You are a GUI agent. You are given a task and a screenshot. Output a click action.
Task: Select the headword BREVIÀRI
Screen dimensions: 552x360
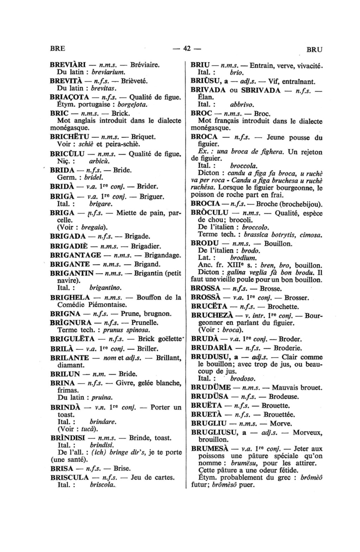tap(68, 65)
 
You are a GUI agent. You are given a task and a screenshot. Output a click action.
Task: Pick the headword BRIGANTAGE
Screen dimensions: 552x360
tap(76, 255)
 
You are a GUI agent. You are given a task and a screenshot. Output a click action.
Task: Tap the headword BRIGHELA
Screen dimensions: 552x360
tap(70, 297)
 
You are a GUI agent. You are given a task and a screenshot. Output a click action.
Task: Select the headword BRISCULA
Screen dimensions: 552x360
tap(70, 477)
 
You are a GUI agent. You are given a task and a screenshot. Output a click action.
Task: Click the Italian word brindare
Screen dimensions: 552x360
tap(103, 421)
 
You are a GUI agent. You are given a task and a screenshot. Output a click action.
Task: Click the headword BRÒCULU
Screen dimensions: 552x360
tap(210, 213)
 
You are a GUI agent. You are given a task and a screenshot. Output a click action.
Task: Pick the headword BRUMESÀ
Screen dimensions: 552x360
tap(210, 449)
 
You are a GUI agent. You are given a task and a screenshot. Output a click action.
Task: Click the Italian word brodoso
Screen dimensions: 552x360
tap(243, 379)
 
